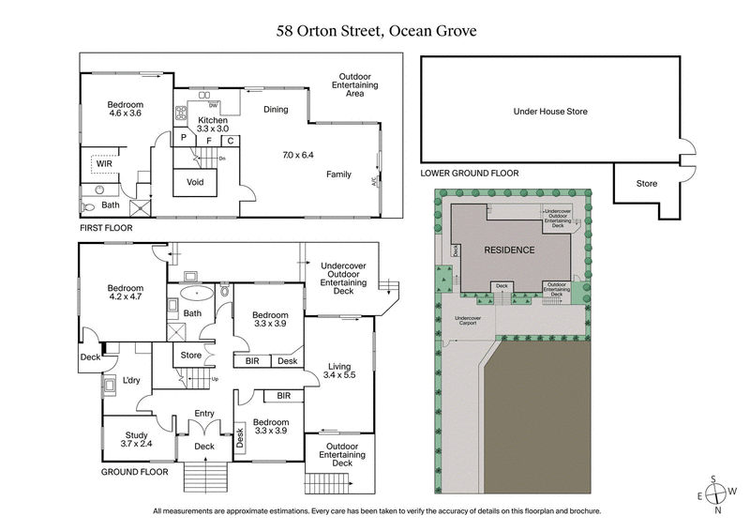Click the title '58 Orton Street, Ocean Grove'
click(375, 31)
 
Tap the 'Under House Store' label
click(549, 111)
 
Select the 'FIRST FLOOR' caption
click(106, 228)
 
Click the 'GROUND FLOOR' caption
click(134, 472)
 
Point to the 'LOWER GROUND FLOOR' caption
click(469, 173)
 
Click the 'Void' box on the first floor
click(196, 182)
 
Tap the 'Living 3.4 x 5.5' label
click(339, 372)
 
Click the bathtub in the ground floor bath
click(198, 292)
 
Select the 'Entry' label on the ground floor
click(204, 413)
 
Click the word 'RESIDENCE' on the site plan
click(509, 250)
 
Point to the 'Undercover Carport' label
click(468, 321)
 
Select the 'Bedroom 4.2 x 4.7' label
click(124, 294)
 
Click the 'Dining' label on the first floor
click(276, 110)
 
